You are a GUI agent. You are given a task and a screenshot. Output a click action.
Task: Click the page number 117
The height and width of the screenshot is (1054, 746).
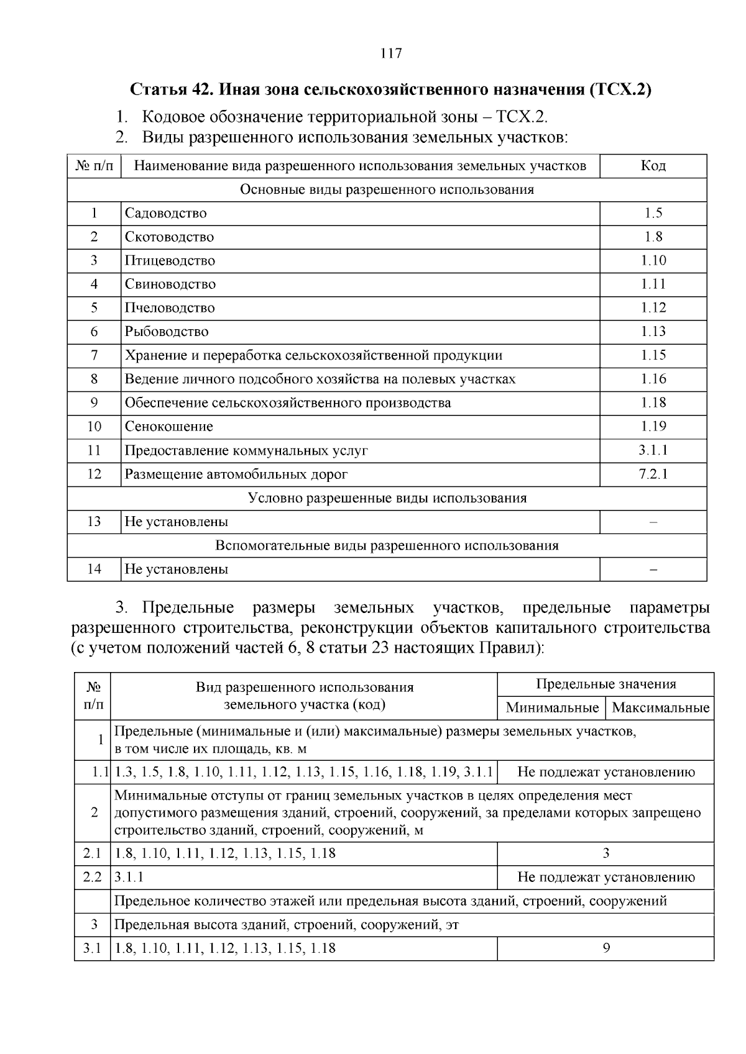[x=391, y=53]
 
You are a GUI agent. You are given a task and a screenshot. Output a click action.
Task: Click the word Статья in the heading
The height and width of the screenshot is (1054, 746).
[x=158, y=89]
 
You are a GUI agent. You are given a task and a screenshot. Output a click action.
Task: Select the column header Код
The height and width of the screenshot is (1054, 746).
[x=653, y=166]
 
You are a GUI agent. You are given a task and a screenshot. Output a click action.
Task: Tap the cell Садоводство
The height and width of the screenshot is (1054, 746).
[x=165, y=213]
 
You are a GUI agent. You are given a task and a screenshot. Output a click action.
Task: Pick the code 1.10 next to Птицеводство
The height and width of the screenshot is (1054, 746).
[x=653, y=260]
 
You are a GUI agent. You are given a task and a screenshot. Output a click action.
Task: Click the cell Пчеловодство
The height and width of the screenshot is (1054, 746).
[x=170, y=308]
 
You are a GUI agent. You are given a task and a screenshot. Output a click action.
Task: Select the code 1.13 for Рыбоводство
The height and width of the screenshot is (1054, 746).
[x=653, y=332]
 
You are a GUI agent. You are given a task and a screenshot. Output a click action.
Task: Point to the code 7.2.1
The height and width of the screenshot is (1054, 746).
[x=653, y=475]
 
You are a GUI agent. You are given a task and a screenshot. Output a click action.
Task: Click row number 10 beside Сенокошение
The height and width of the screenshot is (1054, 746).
[x=94, y=427]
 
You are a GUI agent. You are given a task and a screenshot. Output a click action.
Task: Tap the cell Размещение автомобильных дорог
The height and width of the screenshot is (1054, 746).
[x=236, y=475]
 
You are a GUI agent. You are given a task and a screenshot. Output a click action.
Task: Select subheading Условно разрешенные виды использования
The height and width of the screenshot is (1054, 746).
[x=387, y=498]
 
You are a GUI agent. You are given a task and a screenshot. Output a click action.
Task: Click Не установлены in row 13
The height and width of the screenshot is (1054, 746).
[x=177, y=522]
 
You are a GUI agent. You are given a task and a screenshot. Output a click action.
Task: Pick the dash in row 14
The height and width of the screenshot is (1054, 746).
[x=653, y=570]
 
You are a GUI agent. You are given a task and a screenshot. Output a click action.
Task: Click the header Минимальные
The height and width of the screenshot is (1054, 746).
[x=552, y=708]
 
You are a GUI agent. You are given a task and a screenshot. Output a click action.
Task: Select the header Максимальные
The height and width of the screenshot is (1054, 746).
[x=660, y=708]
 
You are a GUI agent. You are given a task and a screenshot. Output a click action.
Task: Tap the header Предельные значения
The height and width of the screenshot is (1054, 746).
[x=606, y=684]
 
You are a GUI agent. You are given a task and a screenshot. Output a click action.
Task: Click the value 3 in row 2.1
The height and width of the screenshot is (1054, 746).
[x=606, y=853]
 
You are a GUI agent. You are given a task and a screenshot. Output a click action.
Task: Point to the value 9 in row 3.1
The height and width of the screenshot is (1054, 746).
[x=606, y=948]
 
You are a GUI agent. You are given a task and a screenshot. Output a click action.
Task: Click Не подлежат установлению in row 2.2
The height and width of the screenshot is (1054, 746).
[x=606, y=878]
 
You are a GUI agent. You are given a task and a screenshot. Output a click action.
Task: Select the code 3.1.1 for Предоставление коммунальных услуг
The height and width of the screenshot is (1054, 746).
[x=653, y=450]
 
